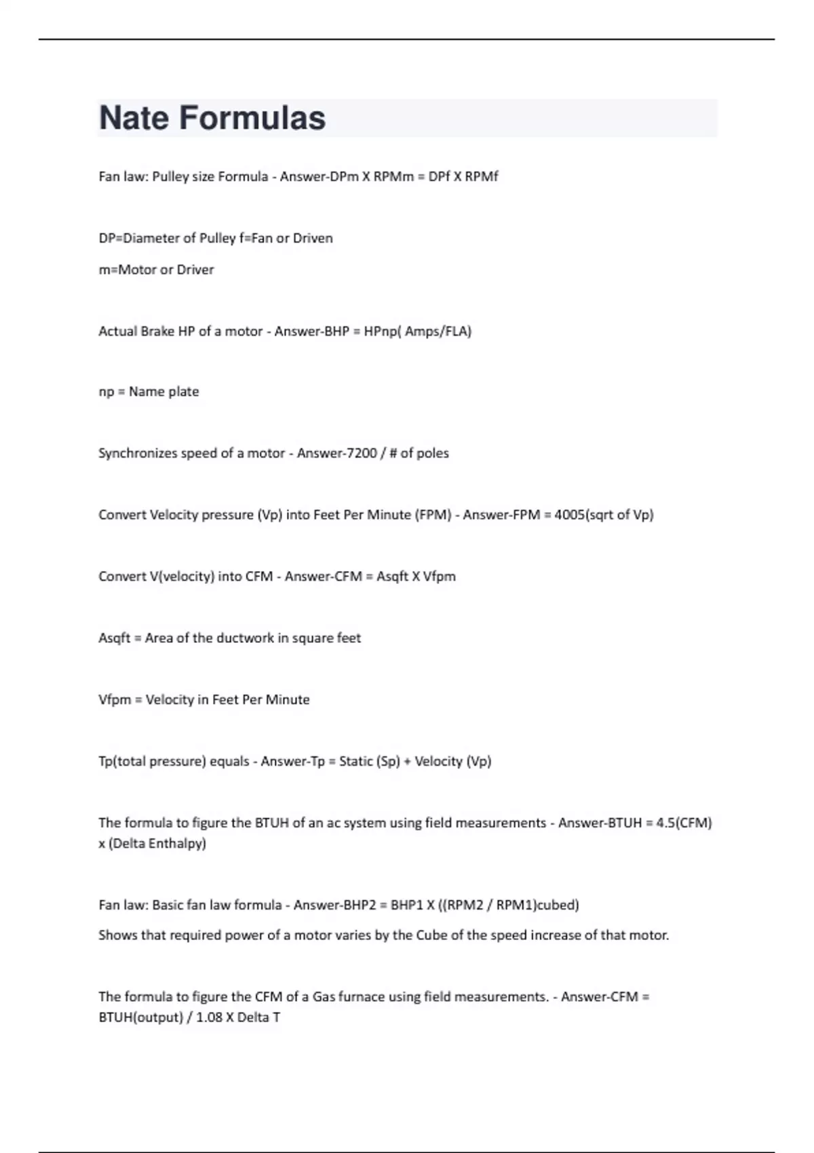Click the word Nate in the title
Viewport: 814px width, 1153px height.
[x=134, y=118]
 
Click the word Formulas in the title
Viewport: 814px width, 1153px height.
[x=252, y=118]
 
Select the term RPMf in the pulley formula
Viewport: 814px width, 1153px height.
[x=482, y=177]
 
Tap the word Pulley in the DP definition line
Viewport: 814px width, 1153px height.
[x=217, y=239]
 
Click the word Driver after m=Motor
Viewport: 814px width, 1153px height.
[x=195, y=270]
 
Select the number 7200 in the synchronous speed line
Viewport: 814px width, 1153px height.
[x=362, y=453]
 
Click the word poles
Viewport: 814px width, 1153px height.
[x=433, y=453]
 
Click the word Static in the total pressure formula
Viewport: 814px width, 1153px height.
[x=356, y=762]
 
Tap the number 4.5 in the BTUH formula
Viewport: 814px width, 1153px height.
[x=667, y=823]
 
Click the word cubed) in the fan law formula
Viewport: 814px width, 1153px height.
[x=558, y=905]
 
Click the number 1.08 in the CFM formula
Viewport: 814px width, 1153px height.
[x=210, y=1017]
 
